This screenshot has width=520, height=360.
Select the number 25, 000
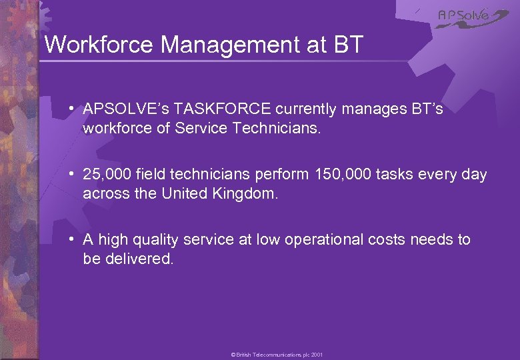click(107, 175)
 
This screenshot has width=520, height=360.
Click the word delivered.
click(139, 258)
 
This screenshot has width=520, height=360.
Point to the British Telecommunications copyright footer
click(277, 355)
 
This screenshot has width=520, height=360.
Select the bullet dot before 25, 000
click(70, 175)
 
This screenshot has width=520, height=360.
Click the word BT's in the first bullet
click(426, 109)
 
